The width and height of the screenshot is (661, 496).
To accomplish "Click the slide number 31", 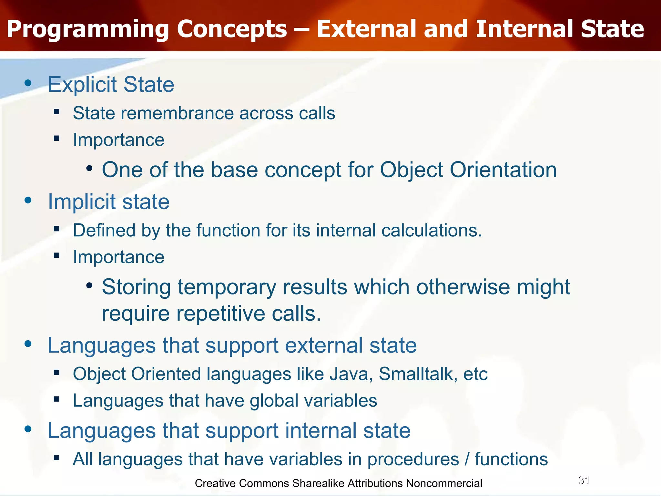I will pos(584,480).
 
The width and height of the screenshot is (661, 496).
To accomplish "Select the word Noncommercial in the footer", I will pos(444,483).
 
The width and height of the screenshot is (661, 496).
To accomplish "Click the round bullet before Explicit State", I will pos(28,83).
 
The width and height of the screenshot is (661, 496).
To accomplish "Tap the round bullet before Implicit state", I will pos(28,201).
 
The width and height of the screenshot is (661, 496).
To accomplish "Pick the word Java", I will pos(351,374).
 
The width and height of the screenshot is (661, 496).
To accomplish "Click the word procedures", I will pos(413,460).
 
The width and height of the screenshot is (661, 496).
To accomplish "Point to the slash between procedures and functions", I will pos(467,460).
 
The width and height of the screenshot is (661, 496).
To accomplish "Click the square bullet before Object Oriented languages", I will pos(57,373).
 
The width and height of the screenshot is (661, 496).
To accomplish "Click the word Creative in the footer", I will pos(215,483).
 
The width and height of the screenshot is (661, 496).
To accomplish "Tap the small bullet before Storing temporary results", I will pos(89,285).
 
